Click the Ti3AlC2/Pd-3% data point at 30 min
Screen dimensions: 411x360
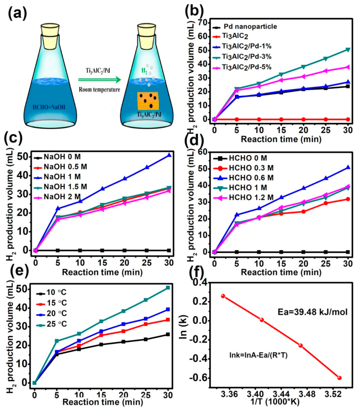tap(348, 50)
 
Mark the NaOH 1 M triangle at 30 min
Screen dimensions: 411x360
tap(169, 155)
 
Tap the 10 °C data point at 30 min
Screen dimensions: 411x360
tap(168, 334)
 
